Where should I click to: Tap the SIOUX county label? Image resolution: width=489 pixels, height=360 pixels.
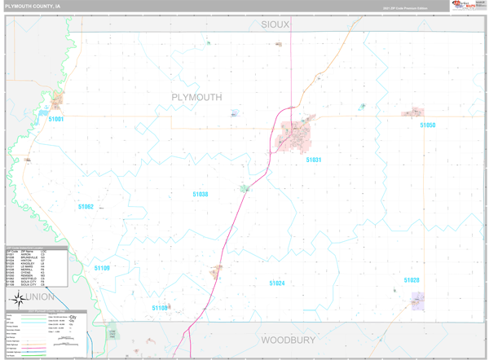(275, 25)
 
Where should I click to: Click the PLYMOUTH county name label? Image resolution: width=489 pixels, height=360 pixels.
(196, 97)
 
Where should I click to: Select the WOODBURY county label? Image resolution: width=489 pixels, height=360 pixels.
(288, 340)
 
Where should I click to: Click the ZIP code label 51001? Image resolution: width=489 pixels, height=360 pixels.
(56, 119)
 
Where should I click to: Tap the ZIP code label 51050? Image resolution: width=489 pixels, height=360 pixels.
(428, 125)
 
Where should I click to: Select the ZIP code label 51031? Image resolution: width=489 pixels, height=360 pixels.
(314, 160)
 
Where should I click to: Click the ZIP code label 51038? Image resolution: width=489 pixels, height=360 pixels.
(200, 194)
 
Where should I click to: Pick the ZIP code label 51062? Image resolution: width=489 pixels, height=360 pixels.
(86, 207)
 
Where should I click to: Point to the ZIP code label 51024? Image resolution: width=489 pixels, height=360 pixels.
(277, 283)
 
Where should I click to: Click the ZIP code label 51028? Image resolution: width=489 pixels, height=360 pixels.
(412, 280)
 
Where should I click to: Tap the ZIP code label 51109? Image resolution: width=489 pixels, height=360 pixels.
(102, 268)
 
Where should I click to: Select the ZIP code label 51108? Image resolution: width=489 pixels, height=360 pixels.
(160, 308)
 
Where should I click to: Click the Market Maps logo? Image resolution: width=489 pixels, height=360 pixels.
(462, 6)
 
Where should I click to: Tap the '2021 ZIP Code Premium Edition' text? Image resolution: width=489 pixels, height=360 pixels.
(405, 8)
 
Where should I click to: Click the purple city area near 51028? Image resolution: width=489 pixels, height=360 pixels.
(418, 301)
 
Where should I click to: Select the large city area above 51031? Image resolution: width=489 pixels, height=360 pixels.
(293, 134)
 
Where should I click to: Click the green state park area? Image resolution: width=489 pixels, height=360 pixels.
(113, 333)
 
